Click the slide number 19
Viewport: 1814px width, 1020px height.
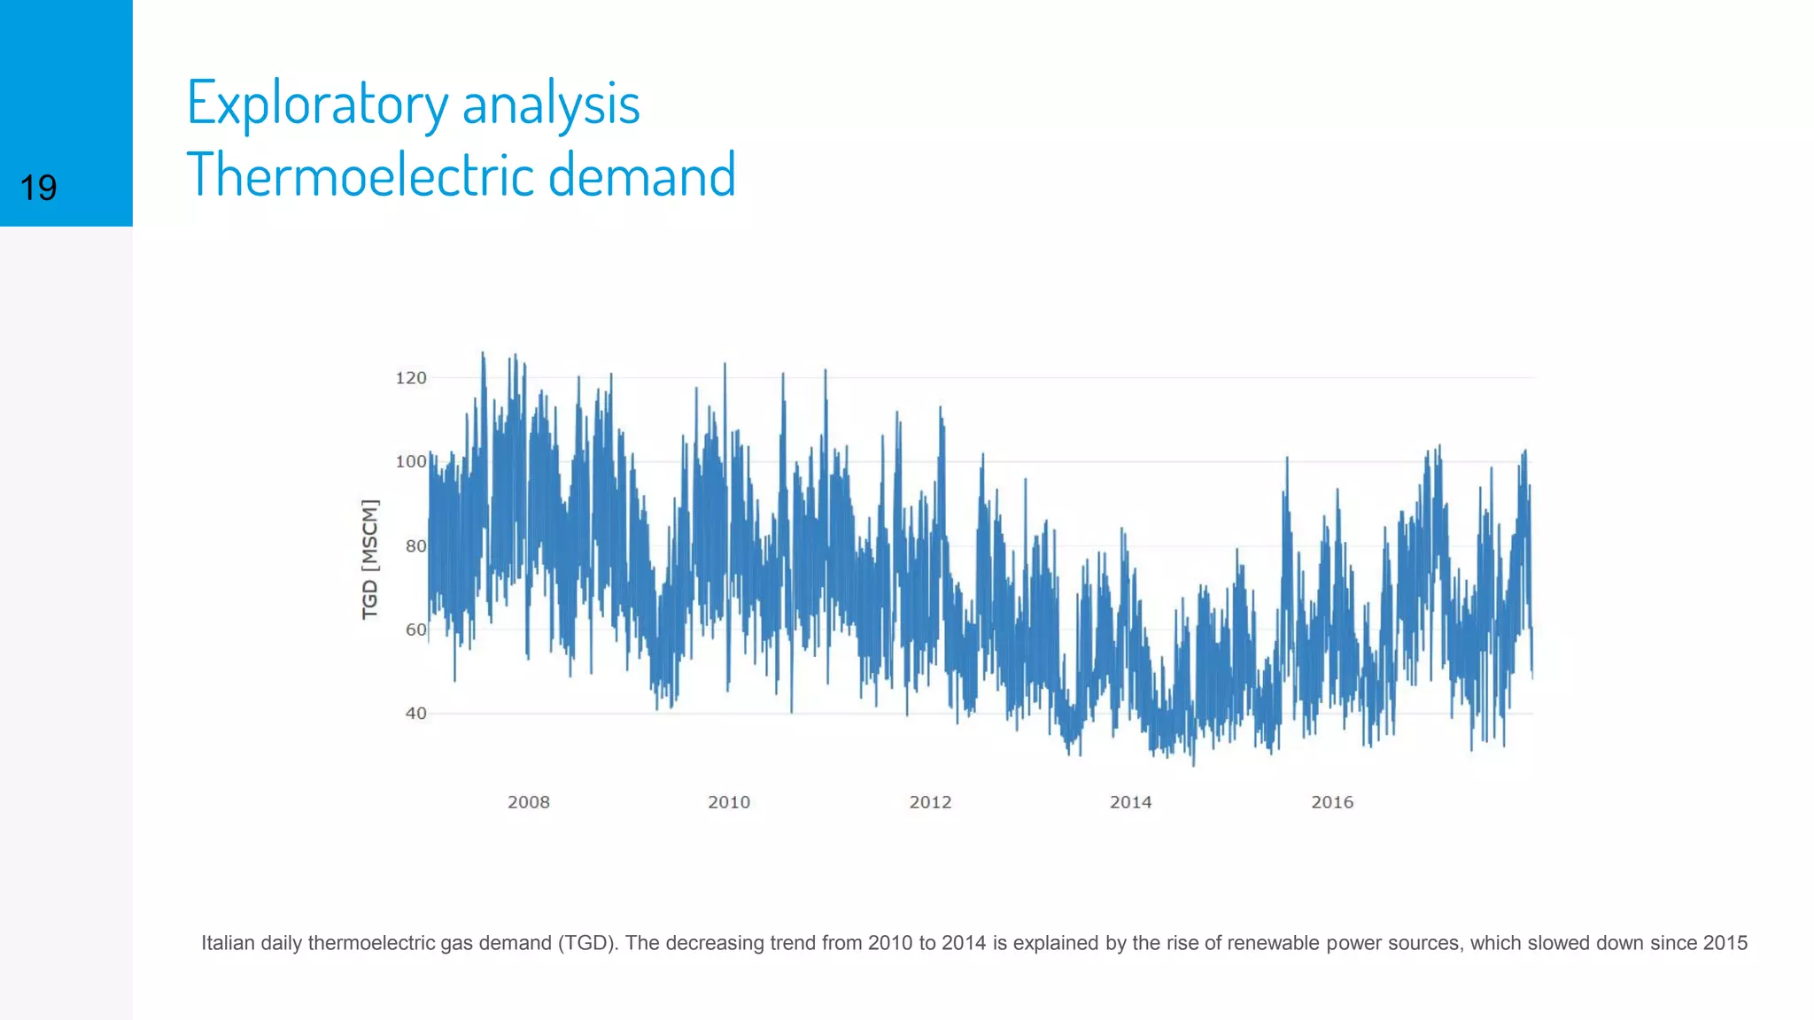[38, 188]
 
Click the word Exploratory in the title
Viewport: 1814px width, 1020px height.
[317, 104]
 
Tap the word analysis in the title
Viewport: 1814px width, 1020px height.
[551, 104]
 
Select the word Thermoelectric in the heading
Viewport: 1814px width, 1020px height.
[360, 174]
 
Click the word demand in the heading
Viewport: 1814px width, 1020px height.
[642, 174]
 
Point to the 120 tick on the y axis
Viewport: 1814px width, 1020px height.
[410, 378]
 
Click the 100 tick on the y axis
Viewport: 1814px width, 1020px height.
[410, 461]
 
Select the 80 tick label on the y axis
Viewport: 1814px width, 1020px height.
[415, 546]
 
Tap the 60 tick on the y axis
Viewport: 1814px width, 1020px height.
[415, 630]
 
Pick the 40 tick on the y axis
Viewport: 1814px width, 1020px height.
[415, 713]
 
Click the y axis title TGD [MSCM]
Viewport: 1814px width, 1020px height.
[369, 559]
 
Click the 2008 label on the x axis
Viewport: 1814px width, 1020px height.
[528, 802]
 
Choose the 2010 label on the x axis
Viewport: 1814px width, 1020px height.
[729, 802]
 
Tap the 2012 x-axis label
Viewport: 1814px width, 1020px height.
[930, 802]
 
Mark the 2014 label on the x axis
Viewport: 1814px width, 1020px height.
[1130, 802]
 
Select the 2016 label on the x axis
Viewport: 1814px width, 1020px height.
[1332, 802]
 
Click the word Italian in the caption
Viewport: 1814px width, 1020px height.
[228, 943]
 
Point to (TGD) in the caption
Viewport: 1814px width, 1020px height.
[586, 943]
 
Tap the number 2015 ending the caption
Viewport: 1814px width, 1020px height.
[1724, 943]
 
